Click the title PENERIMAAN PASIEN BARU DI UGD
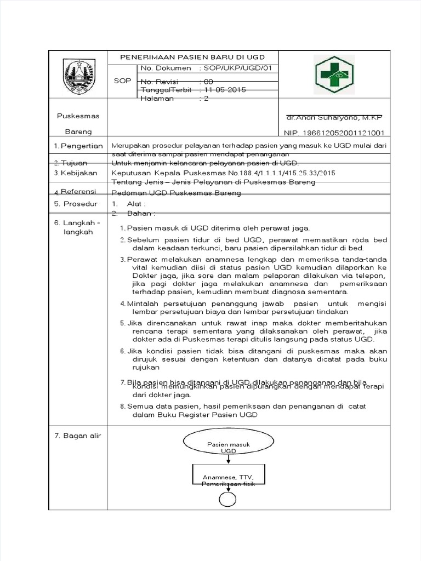click(x=193, y=58)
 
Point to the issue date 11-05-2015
click(x=225, y=90)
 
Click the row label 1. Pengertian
click(x=79, y=146)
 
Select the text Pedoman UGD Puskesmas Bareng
click(x=176, y=193)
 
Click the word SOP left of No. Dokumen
click(x=122, y=81)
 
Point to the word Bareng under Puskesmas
click(x=79, y=132)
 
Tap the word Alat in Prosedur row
click(x=136, y=204)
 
